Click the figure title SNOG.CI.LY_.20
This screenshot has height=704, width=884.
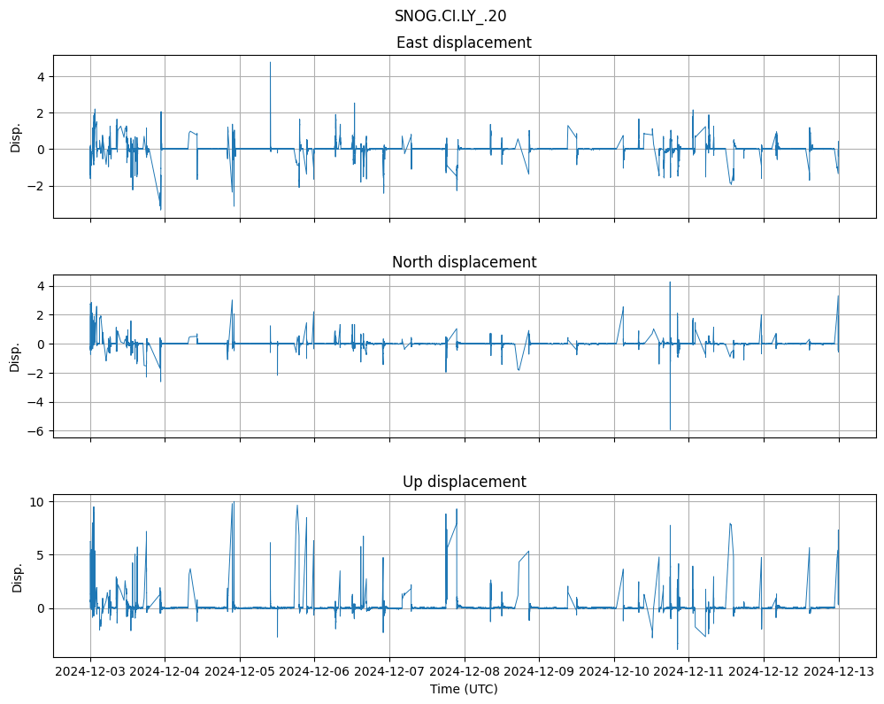tap(450, 16)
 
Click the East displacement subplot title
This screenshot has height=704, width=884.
tap(464, 43)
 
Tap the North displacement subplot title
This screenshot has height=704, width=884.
tap(464, 262)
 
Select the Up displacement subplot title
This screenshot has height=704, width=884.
tap(464, 482)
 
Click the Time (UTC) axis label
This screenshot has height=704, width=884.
tap(464, 689)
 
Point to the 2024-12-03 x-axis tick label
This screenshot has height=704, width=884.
tap(90, 672)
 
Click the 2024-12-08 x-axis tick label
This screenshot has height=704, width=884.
tap(465, 672)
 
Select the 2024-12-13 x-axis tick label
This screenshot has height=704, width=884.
tap(839, 672)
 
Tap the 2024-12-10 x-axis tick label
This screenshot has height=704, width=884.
tap(614, 672)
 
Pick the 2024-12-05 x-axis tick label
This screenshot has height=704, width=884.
tap(240, 672)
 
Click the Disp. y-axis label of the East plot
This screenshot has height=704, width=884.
tap(16, 136)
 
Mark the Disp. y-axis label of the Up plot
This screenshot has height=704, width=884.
tap(16, 576)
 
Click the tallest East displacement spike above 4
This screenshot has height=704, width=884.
tap(270, 63)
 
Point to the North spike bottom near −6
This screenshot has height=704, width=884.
tap(670, 429)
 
